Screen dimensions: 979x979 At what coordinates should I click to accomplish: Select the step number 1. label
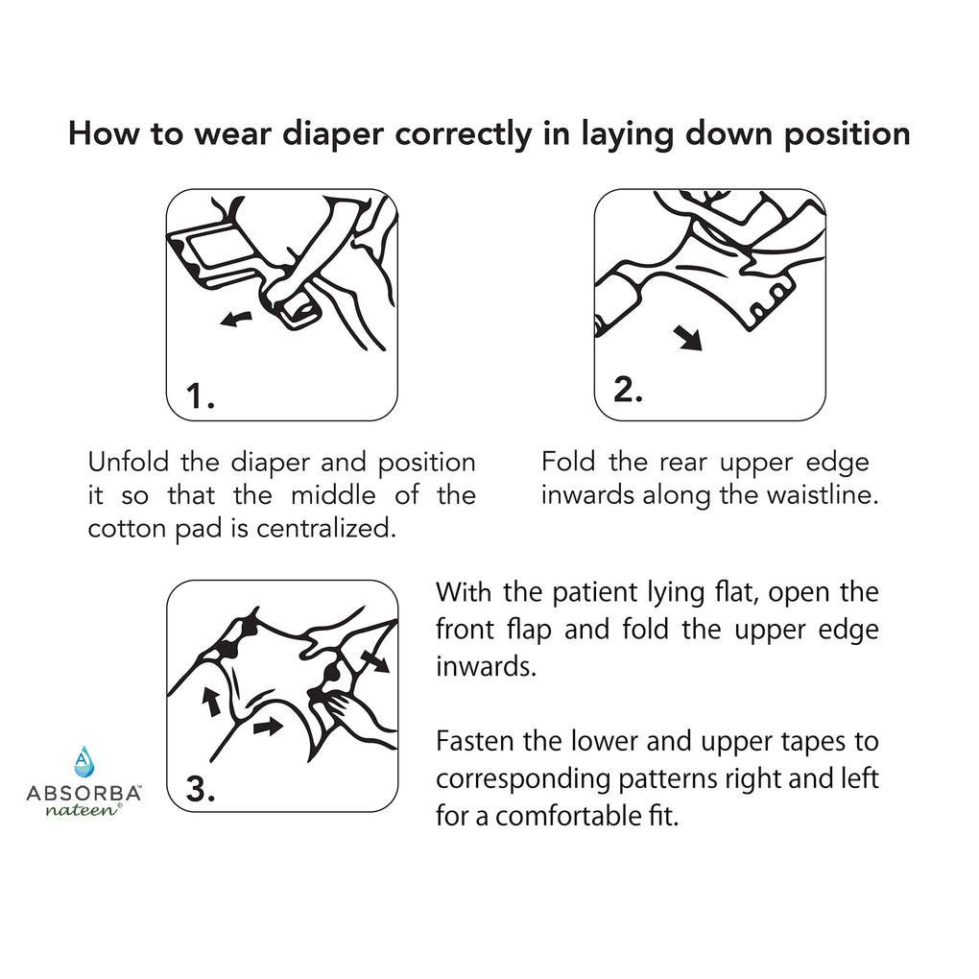[201, 396]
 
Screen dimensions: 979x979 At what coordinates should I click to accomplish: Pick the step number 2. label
[628, 389]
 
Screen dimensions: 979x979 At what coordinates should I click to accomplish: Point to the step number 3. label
[201, 789]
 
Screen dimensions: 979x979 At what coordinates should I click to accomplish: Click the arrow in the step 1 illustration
[236, 319]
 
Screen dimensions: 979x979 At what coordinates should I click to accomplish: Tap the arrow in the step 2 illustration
[688, 338]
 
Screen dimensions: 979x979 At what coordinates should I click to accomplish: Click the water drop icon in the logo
[84, 761]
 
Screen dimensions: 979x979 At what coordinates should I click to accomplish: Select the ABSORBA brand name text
[84, 794]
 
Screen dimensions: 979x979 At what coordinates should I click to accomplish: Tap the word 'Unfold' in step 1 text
[129, 463]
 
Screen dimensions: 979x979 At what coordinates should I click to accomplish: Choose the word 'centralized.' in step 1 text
[326, 529]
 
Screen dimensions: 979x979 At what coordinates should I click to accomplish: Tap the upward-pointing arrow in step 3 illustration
[211, 702]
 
